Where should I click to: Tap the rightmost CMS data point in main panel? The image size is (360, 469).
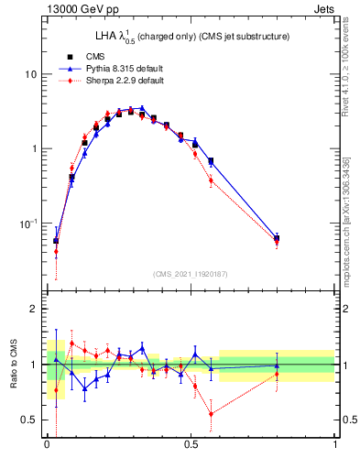pos(278,238)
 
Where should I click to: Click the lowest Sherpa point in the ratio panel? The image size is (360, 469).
pos(212,414)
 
